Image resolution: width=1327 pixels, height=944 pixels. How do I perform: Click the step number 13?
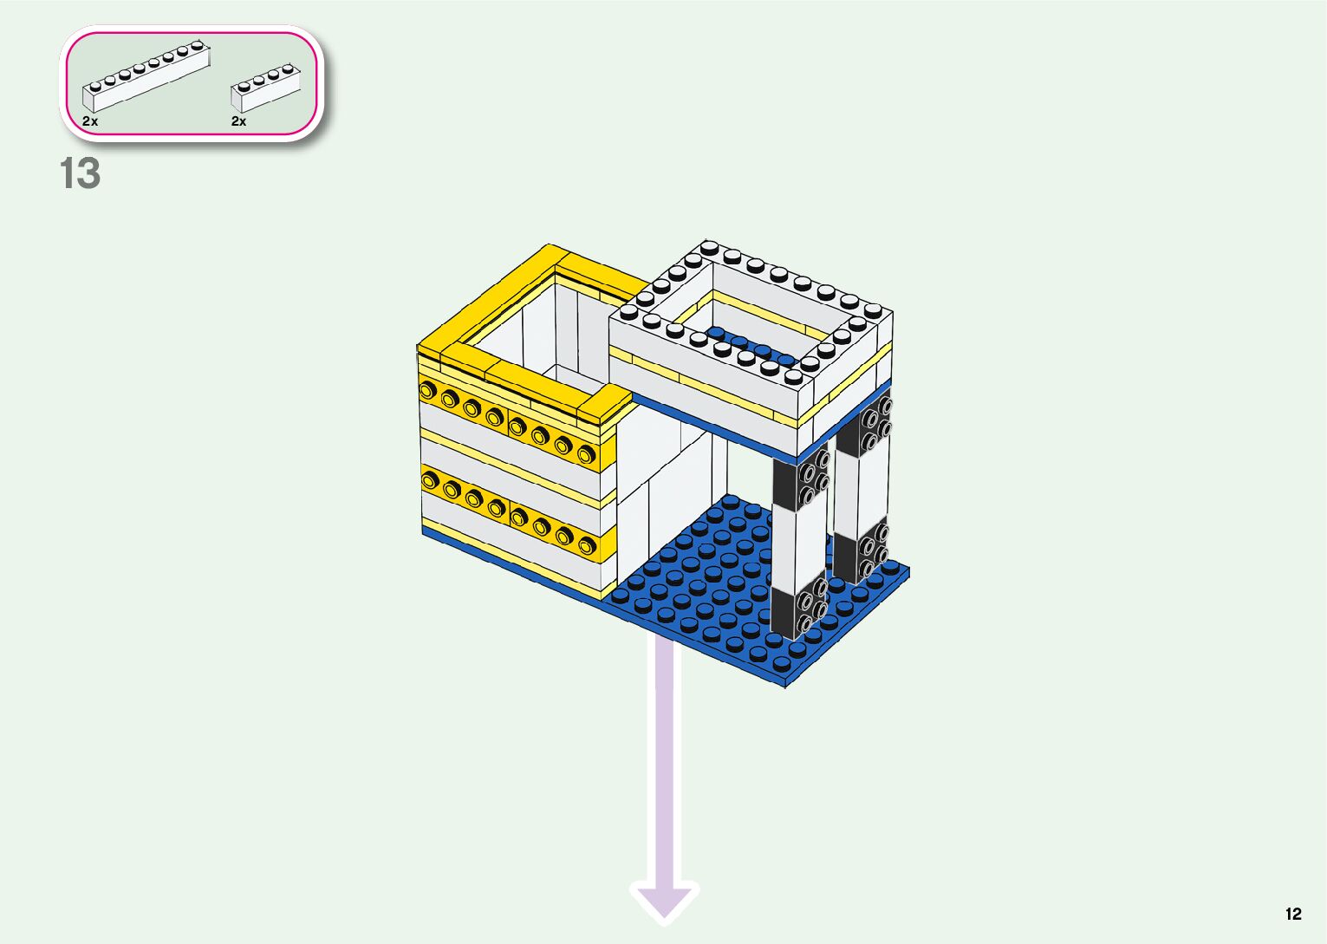point(80,174)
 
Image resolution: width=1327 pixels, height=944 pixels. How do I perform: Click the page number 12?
point(1293,914)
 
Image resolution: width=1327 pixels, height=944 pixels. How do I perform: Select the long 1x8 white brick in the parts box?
point(146,77)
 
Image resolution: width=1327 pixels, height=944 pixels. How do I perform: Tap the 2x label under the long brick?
point(90,121)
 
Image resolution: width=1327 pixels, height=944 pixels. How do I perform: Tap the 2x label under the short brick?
point(238,121)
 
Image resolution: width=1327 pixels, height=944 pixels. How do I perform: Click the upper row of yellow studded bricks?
point(515,426)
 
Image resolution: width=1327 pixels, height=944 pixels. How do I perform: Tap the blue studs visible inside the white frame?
point(751,345)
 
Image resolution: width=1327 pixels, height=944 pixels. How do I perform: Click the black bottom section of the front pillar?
point(797,611)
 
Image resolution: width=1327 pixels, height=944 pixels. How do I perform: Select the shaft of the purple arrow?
point(665,763)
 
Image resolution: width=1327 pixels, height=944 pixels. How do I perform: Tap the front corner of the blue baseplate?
point(784,680)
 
